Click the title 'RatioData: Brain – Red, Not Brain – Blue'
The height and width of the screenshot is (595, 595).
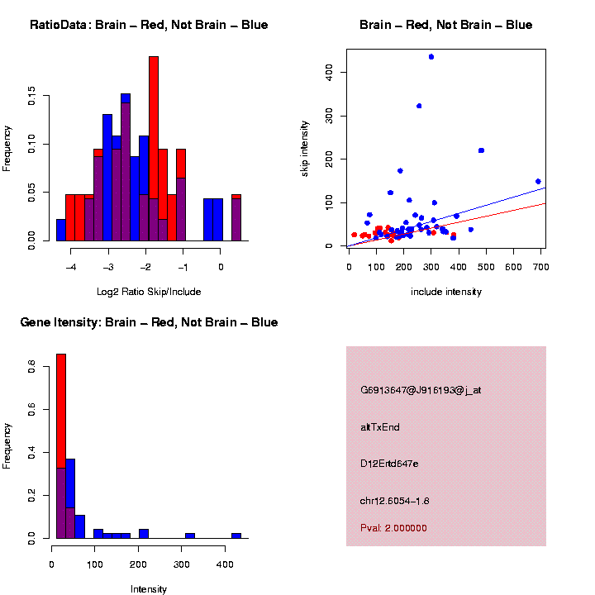149,25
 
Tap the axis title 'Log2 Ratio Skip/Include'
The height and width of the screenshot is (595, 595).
149,291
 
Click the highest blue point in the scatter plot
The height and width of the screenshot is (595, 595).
431,57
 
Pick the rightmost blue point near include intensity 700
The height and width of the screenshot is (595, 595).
538,181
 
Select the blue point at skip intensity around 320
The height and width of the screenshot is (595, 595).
419,106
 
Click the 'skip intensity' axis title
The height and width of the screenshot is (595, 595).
305,148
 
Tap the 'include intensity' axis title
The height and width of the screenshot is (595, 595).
446,291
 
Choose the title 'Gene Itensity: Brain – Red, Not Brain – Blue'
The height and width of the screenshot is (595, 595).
149,322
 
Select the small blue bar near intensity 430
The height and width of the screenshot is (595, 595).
236,535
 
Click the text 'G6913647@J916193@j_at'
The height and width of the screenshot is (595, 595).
421,390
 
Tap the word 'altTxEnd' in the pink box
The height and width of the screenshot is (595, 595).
380,427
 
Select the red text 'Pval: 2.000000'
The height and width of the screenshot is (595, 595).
393,527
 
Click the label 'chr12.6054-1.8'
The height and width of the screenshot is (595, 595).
395,501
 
